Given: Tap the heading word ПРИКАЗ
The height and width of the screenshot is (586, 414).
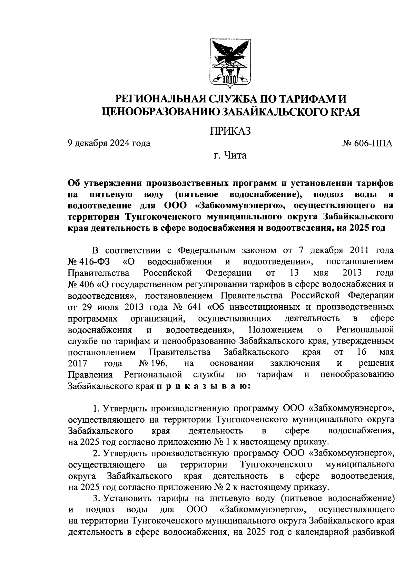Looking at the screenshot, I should tap(230, 131).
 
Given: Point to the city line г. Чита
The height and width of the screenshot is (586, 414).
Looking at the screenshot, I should tap(230, 156).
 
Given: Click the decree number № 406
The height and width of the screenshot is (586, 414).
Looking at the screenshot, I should tap(82, 284).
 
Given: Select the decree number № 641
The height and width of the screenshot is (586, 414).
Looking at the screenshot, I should tap(187, 307).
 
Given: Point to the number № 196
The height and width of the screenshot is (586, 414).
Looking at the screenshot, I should tap(153, 363).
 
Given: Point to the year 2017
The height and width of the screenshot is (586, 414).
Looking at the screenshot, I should tap(78, 363).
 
